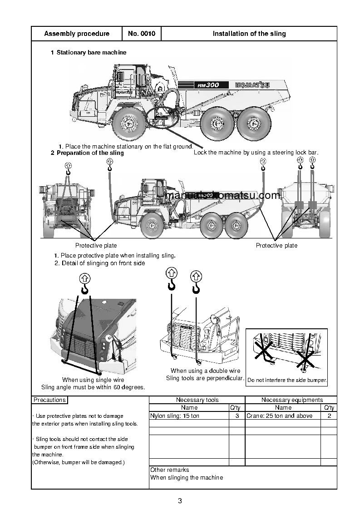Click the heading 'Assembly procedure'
[x=77, y=34]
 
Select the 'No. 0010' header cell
[x=142, y=34]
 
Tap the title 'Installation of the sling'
[x=249, y=34]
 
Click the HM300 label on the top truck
[x=208, y=85]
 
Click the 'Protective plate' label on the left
[x=96, y=246]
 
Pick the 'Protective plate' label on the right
[x=276, y=246]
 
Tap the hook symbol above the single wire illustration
[x=84, y=284]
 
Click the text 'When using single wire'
[x=93, y=380]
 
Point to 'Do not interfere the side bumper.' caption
[x=287, y=380]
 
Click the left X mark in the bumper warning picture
[x=264, y=351]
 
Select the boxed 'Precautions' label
[x=49, y=400]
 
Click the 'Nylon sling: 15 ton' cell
[x=175, y=416]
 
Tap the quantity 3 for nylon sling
[x=237, y=416]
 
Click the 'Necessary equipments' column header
[x=292, y=400]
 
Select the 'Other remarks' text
[x=169, y=470]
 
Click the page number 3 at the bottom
[x=180, y=501]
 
